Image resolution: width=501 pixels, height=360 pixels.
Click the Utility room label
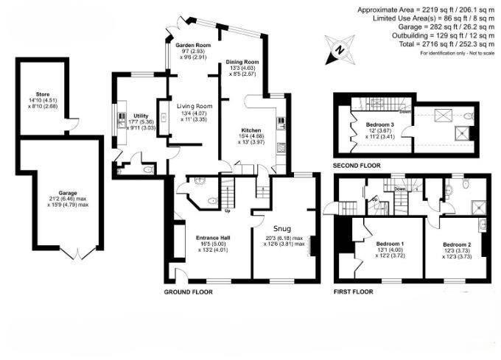[141, 116]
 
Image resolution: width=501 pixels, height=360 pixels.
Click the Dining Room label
[242, 62]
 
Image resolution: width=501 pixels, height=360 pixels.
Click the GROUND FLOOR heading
[188, 292]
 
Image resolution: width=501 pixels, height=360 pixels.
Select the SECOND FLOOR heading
[360, 166]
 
